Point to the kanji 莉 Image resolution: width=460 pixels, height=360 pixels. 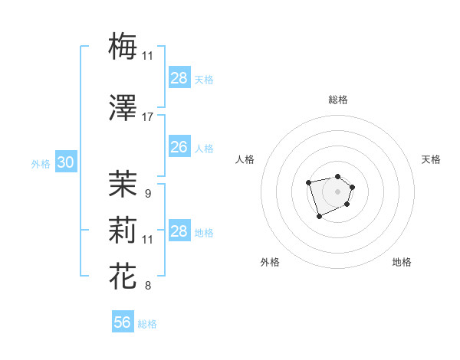point(123,229)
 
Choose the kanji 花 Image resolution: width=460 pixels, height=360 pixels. point(123,275)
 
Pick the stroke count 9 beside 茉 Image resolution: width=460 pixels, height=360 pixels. point(147,193)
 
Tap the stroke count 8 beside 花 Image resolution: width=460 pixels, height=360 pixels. point(147,286)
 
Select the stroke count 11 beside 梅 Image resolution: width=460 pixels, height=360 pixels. point(147,56)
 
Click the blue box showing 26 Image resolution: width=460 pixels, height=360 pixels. point(179,147)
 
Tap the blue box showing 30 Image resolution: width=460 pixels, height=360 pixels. point(65,162)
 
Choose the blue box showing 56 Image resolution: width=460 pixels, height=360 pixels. point(123,322)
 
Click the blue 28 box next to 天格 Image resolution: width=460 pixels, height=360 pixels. point(179,78)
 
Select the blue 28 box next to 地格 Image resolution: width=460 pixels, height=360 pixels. point(179,231)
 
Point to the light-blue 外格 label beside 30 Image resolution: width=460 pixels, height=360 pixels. point(41,163)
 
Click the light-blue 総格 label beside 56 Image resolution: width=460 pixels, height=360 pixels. point(147,324)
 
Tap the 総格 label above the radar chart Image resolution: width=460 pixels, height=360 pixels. point(337,100)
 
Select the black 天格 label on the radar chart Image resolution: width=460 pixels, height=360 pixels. point(431,159)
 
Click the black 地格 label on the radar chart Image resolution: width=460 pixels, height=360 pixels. point(402,262)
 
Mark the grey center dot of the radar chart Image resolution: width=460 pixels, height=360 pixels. point(337,191)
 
